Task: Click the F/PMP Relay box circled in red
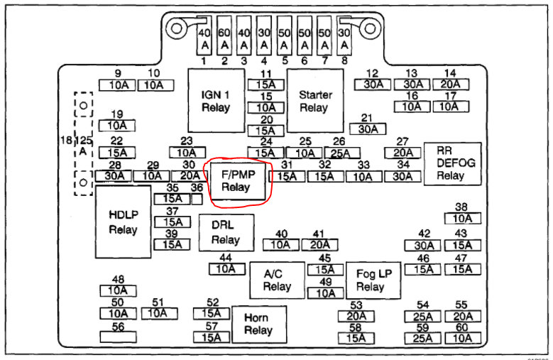click(236, 182)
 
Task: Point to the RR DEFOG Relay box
click(452, 163)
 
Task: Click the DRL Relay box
click(226, 231)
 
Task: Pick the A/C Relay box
click(277, 280)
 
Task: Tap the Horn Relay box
click(259, 324)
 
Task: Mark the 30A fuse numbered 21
click(367, 129)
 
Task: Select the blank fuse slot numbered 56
click(118, 337)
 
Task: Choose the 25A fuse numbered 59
click(422, 338)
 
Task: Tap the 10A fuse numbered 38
click(462, 219)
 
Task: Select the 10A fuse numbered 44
click(226, 269)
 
